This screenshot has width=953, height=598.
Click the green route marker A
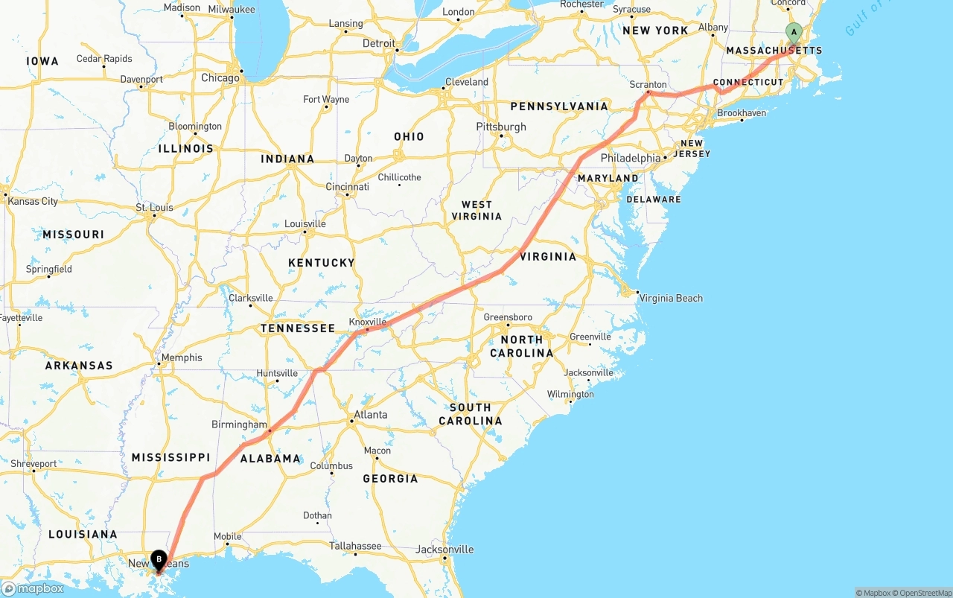tap(794, 33)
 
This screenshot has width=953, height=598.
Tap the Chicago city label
tap(220, 77)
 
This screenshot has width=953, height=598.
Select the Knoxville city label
tap(368, 322)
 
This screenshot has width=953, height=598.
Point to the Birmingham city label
tap(239, 424)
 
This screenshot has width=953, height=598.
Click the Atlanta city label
tap(370, 415)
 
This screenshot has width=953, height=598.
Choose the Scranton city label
tap(648, 85)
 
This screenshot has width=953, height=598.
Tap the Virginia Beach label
tap(671, 298)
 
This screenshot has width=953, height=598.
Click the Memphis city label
tap(182, 357)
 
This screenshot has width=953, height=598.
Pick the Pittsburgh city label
tap(501, 127)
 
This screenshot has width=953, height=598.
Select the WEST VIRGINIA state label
tap(476, 210)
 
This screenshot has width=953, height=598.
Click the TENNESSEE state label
tap(298, 328)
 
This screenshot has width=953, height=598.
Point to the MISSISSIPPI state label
tap(170, 457)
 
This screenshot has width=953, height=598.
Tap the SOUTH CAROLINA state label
tap(471, 414)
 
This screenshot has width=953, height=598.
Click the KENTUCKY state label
tap(322, 263)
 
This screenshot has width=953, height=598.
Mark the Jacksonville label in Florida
tap(445, 550)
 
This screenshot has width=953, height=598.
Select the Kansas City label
tap(33, 201)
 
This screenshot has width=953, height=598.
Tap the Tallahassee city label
tap(355, 546)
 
